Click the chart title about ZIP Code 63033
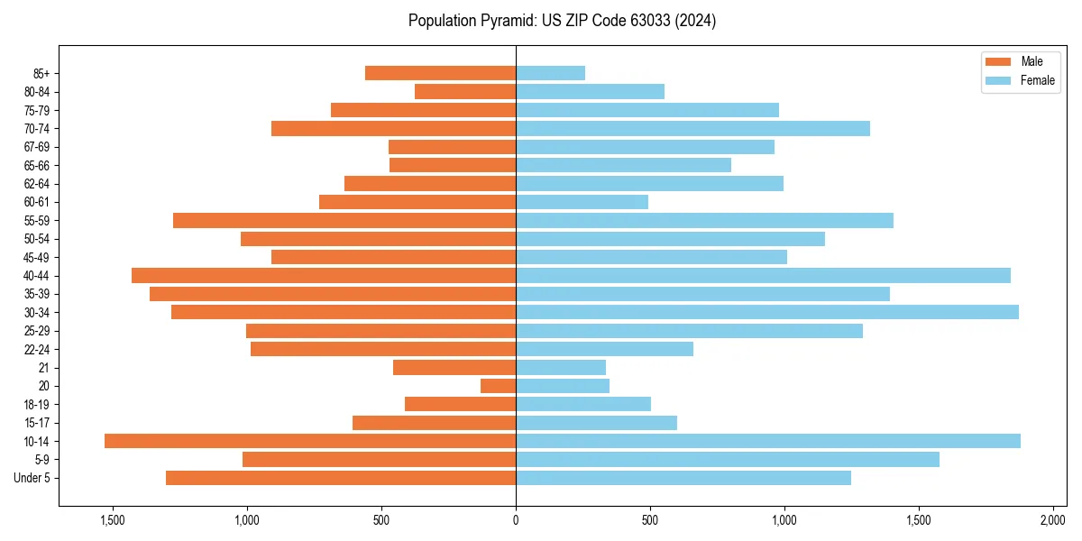(562, 21)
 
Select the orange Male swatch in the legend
(998, 61)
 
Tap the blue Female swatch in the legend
(998, 80)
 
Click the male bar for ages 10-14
(310, 441)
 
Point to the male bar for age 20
(499, 386)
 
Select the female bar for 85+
(551, 73)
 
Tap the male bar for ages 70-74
(394, 128)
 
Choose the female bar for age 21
(561, 367)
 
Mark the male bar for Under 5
(341, 478)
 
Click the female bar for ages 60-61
(582, 202)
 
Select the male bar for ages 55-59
(344, 220)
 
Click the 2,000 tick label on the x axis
(1053, 520)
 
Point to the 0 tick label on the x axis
(516, 520)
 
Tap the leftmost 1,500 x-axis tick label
(113, 520)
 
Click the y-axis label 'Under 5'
(32, 478)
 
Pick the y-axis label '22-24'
(37, 349)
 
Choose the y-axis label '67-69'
(37, 147)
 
